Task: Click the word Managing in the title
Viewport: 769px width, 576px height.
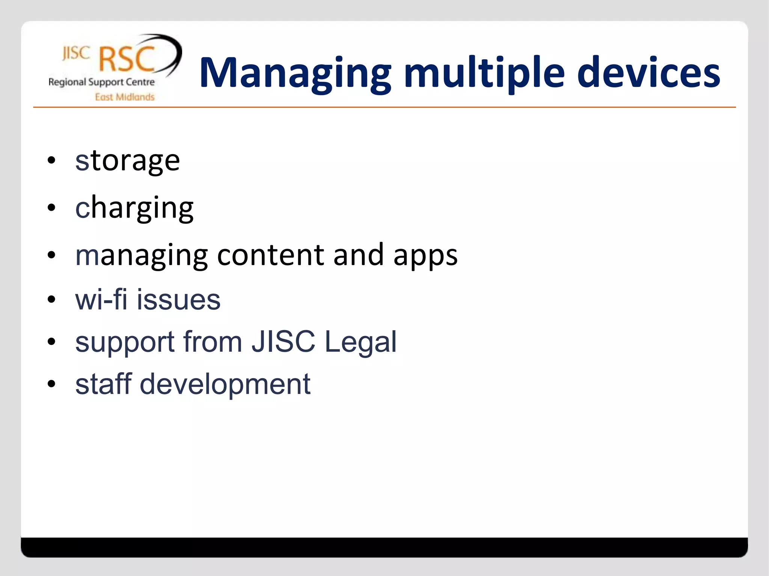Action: click(x=295, y=73)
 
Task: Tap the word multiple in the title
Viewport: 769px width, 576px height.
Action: click(x=484, y=73)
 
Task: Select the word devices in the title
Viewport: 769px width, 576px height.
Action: click(x=648, y=73)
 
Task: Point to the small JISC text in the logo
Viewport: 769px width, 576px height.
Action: click(x=76, y=53)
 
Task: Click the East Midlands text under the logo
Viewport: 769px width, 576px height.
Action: click(x=125, y=97)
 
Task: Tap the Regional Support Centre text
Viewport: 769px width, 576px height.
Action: click(x=101, y=82)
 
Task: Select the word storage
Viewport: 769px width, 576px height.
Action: click(x=128, y=160)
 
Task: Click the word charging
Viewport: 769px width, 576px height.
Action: click(x=134, y=208)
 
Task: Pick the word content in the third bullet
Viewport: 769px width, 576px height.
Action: click(x=270, y=255)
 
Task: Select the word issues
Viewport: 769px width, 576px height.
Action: click(x=178, y=300)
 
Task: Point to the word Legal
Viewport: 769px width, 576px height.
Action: click(x=360, y=342)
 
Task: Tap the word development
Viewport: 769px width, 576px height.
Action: click(x=225, y=384)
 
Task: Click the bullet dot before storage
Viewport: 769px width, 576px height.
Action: click(x=51, y=160)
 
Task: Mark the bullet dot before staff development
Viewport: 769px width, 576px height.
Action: click(x=51, y=384)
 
